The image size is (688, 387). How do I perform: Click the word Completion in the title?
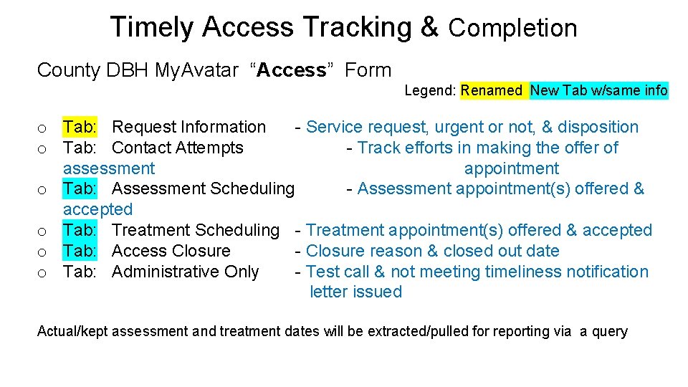coord(512,29)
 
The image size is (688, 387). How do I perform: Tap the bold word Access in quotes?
coord(292,70)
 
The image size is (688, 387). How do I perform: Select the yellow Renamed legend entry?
coord(492,90)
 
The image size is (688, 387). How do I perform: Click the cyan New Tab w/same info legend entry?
coord(598,90)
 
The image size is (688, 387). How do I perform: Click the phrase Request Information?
coord(188,127)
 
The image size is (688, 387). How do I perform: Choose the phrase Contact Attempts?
coord(178,148)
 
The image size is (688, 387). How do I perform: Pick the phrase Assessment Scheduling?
coord(203,188)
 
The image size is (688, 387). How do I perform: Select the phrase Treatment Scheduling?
coord(195,230)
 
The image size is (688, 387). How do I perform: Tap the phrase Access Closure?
coord(171,251)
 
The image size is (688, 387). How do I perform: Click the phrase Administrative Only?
coord(185,272)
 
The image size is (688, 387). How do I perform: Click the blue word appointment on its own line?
coord(511,168)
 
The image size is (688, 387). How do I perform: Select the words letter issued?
coord(356,292)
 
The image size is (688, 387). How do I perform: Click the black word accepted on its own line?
coord(97,209)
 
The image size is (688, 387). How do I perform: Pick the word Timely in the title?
coord(152,27)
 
